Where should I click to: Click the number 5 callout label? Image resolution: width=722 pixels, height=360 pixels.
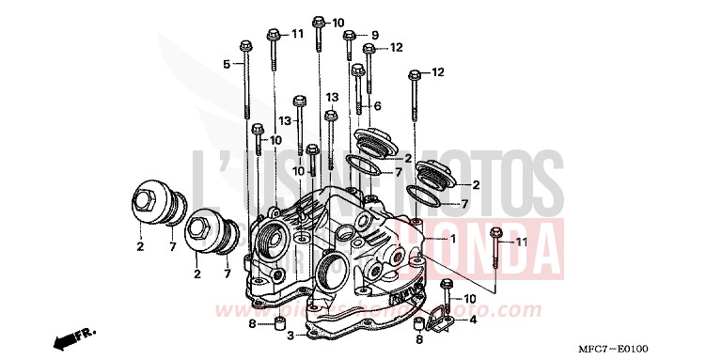227,64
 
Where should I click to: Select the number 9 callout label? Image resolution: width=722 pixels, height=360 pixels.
374,35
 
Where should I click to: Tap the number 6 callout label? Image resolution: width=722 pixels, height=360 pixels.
377,105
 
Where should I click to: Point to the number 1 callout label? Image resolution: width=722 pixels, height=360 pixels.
452,240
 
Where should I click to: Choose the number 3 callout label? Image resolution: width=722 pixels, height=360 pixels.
290,335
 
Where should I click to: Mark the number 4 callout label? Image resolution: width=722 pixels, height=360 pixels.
473,320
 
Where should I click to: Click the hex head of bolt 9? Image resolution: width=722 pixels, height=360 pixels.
349,36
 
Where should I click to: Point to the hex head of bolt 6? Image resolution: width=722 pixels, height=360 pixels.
357,69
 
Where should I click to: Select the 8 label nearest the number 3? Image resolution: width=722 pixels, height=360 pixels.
252,324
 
